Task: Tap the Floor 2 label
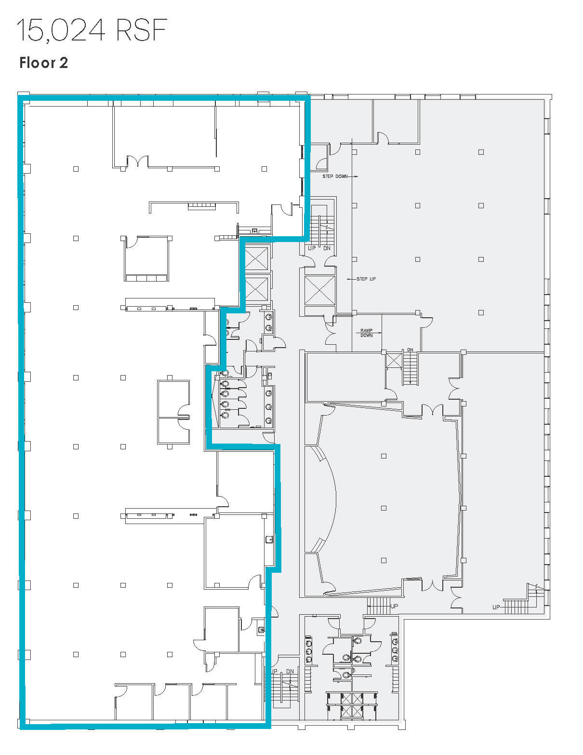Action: pyautogui.click(x=43, y=63)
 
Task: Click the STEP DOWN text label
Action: pyautogui.click(x=335, y=176)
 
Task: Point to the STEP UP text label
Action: pyautogui.click(x=366, y=279)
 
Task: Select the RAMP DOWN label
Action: pyautogui.click(x=366, y=333)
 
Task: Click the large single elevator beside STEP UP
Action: pyautogui.click(x=319, y=290)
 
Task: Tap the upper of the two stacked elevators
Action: pyautogui.click(x=256, y=259)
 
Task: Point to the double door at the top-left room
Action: pyautogui.click(x=137, y=162)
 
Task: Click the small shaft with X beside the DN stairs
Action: pyautogui.click(x=394, y=360)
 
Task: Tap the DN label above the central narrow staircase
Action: pyautogui.click(x=410, y=350)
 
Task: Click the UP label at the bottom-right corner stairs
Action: pyautogui.click(x=496, y=607)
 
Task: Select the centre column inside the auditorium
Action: pyautogui.click(x=384, y=508)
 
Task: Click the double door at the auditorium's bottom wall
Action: pyautogui.click(x=432, y=585)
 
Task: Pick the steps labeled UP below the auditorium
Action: pyautogui.click(x=380, y=606)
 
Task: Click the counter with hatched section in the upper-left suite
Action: pyautogui.click(x=201, y=206)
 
